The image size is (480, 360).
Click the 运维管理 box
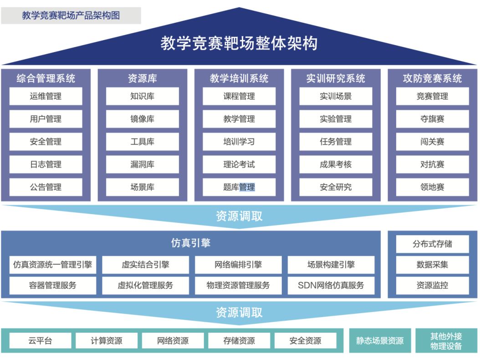pyautogui.click(x=46, y=97)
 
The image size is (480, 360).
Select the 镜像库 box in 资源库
pyautogui.click(x=142, y=119)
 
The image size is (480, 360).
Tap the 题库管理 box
pyautogui.click(x=239, y=187)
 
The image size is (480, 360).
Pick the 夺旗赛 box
pyautogui.click(x=432, y=119)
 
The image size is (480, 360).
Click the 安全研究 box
pyautogui.click(x=336, y=187)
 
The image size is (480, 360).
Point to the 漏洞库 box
pyautogui.click(x=142, y=165)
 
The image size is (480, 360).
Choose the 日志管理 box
pyautogui.click(x=46, y=165)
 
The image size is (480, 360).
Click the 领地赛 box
pyautogui.click(x=432, y=187)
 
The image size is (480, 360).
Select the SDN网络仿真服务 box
pyautogui.click(x=331, y=286)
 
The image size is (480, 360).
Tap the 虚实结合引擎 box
pyautogui.click(x=145, y=265)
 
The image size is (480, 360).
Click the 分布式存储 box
pyautogui.click(x=432, y=244)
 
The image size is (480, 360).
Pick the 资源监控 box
pyautogui.click(x=432, y=286)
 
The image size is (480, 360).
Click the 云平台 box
pyautogui.click(x=40, y=341)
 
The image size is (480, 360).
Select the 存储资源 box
pyautogui.click(x=239, y=341)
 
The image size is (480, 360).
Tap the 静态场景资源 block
pyautogui.click(x=380, y=341)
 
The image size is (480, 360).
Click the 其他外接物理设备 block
pyautogui.click(x=446, y=341)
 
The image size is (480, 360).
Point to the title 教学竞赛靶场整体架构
pyautogui.click(x=239, y=43)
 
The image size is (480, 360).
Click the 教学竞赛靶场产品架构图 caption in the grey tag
pyautogui.click(x=71, y=15)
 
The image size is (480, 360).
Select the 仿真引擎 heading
pyautogui.click(x=191, y=243)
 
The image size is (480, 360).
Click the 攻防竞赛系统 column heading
pyautogui.click(x=432, y=78)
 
